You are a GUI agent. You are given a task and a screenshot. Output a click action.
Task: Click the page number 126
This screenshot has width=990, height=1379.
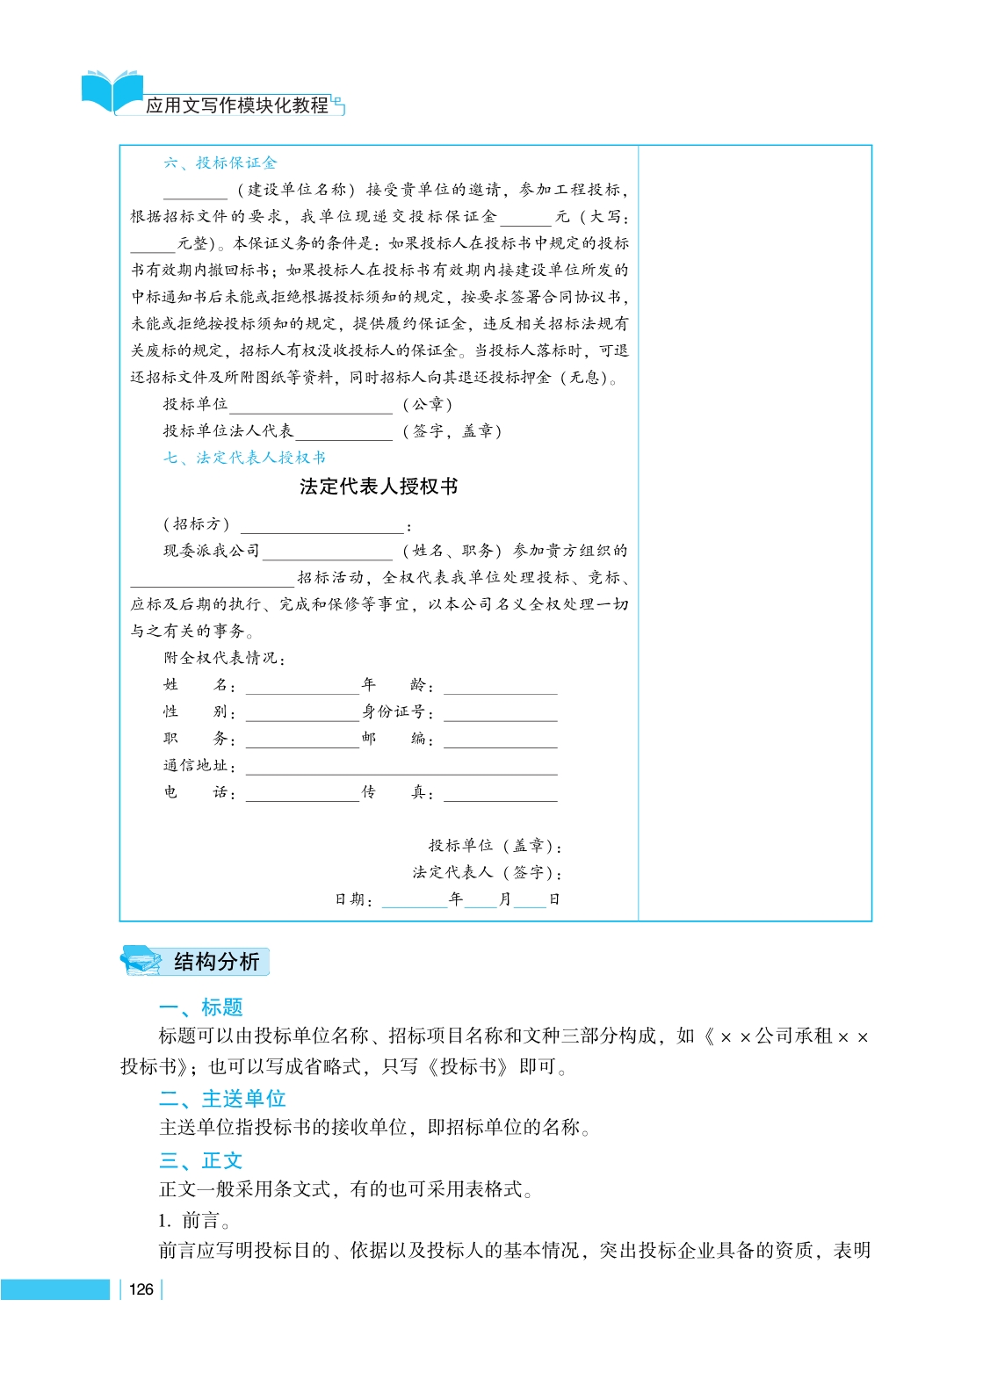coord(141,1289)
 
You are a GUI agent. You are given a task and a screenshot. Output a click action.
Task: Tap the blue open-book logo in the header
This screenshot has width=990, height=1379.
coord(112,91)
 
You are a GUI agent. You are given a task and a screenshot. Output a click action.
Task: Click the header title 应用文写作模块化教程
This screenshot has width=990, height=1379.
coord(237,105)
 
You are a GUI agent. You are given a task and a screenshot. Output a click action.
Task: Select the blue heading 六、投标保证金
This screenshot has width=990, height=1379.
coord(220,162)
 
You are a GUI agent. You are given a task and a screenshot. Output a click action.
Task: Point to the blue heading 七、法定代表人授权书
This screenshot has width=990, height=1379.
coord(244,458)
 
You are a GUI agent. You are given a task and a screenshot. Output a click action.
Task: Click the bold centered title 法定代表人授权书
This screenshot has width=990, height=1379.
coord(379,487)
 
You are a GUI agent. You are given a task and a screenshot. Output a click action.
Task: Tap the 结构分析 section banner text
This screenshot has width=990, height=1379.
coord(216,962)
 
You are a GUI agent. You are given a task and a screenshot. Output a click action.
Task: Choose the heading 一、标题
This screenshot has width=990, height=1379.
coord(200,1007)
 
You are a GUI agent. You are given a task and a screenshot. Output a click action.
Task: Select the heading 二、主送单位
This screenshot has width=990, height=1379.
coord(222,1099)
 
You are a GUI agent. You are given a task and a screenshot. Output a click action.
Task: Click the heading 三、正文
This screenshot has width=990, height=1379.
coord(200,1160)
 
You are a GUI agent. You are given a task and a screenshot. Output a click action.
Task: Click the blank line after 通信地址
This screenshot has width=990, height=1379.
coord(401,769)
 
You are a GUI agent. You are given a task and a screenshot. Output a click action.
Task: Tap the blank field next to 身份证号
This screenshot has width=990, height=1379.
coord(500,715)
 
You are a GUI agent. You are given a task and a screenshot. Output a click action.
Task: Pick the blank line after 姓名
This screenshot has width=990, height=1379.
coord(302,688)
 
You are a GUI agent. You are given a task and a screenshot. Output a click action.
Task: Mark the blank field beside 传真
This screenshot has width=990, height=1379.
coord(500,796)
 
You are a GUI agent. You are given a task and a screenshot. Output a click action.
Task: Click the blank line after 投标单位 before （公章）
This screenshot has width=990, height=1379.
coord(310,408)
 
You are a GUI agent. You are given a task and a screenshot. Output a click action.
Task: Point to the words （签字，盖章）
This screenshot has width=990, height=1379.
coord(452,431)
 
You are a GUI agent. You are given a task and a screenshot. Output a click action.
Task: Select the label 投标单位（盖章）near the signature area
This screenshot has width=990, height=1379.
coord(495,846)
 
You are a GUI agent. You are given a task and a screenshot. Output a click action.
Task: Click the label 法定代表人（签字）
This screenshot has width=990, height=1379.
coord(487,872)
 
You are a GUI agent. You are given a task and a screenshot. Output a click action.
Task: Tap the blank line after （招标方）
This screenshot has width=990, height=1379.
coord(322,528)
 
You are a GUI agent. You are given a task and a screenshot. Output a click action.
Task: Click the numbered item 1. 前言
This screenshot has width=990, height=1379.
coord(194,1220)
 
